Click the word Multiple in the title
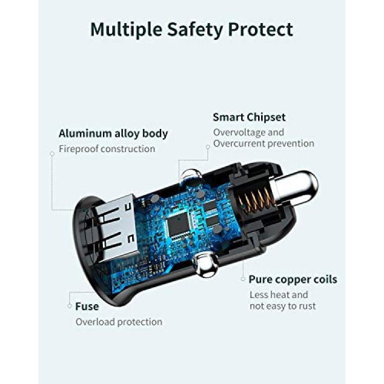tap(126, 30)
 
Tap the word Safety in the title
tap(195, 30)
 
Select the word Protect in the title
tap(261, 30)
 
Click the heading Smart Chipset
tap(249, 117)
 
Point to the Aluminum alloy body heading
tap(113, 134)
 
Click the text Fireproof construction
tap(107, 149)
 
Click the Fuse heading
tap(87, 306)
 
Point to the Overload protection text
tap(119, 322)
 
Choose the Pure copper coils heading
tap(293, 280)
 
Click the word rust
tap(307, 306)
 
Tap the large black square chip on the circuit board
tap(179, 224)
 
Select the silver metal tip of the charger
tap(295, 187)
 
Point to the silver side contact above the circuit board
tap(191, 175)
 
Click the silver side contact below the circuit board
tap(206, 265)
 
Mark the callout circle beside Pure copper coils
tap(243, 279)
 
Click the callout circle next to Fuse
tap(70, 306)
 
